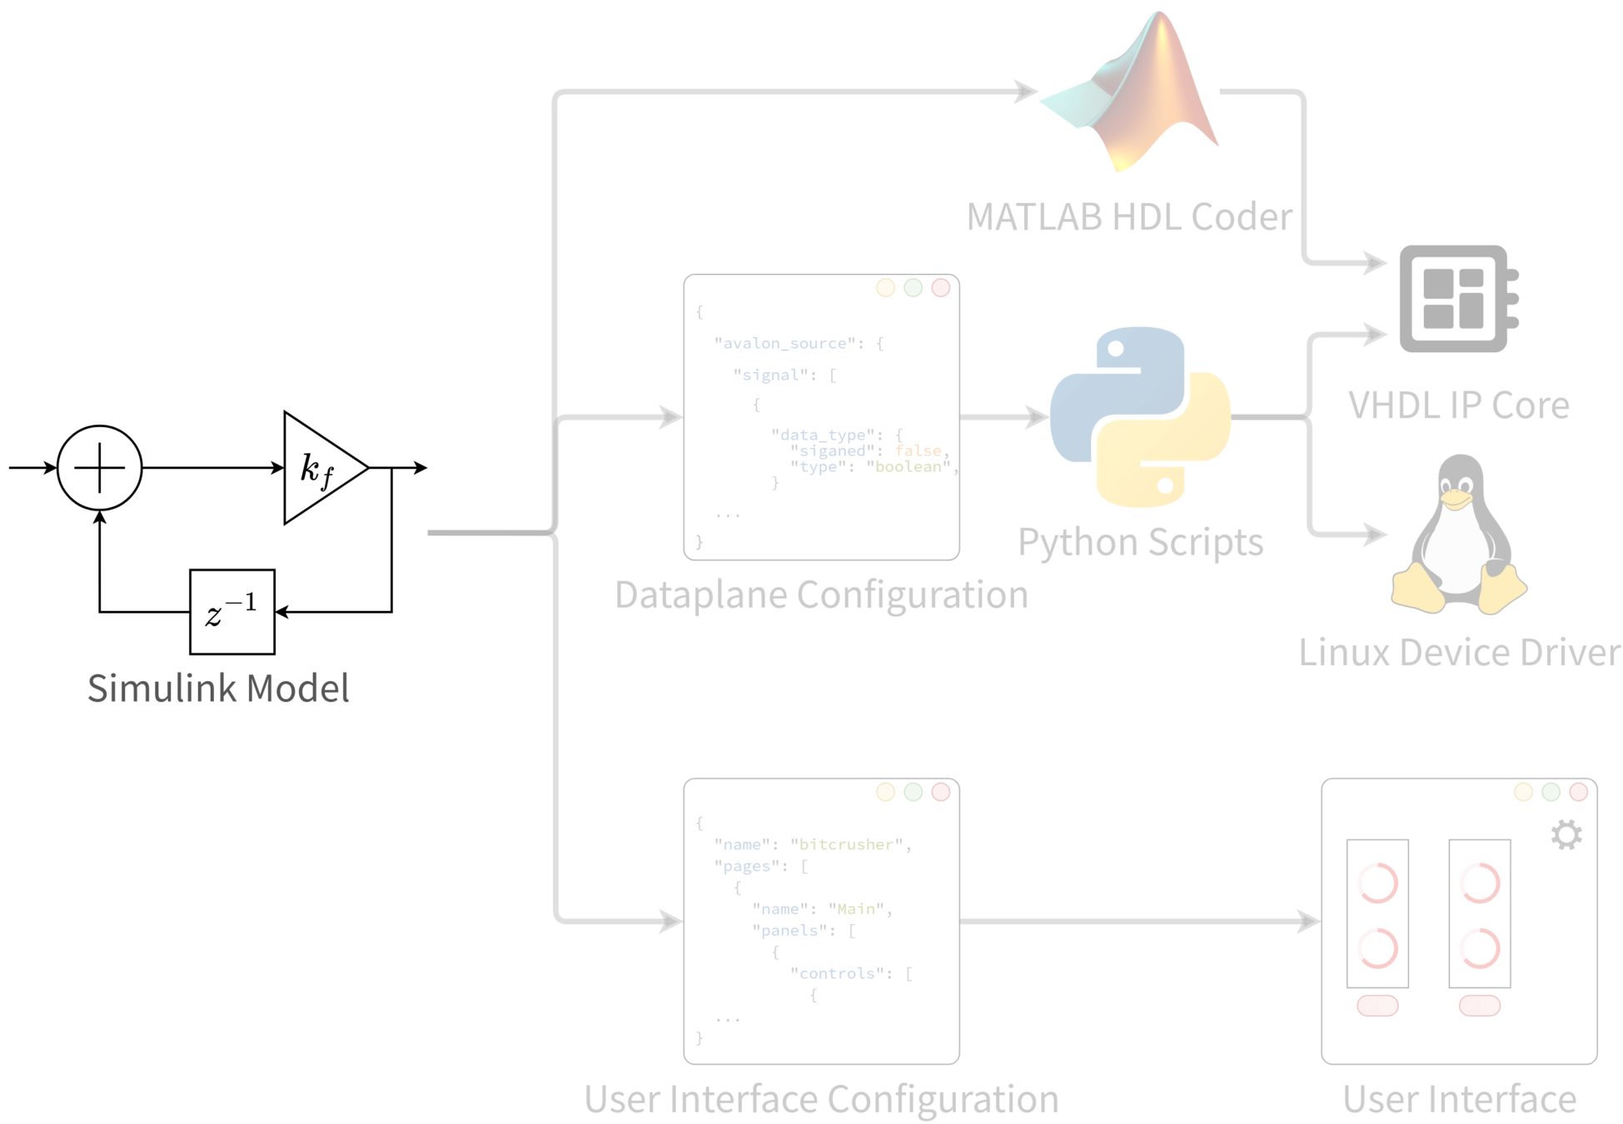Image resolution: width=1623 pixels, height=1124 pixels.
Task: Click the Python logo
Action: point(1140,416)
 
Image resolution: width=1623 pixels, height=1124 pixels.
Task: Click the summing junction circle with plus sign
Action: point(100,468)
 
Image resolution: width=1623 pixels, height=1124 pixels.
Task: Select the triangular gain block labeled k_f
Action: point(320,469)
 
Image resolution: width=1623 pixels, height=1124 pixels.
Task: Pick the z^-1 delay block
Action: point(232,612)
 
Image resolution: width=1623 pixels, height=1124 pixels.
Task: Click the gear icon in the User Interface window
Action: point(1566,834)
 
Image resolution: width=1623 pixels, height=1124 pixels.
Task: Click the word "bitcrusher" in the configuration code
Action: point(845,844)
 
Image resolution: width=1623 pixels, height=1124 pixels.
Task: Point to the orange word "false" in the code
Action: point(918,450)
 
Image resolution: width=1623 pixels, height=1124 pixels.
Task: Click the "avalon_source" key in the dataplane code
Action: point(785,343)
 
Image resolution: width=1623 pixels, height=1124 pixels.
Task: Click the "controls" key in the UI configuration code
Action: point(837,973)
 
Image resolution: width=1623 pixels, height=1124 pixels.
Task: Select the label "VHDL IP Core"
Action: point(1459,405)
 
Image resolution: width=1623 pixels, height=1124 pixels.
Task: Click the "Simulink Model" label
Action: point(218,689)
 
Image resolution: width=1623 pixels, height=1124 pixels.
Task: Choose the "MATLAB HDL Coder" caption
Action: point(1129,217)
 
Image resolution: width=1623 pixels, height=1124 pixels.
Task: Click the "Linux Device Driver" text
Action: point(1460,652)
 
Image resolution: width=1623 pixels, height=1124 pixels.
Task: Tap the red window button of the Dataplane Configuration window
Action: point(941,288)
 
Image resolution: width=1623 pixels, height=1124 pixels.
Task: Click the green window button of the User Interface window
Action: point(1551,792)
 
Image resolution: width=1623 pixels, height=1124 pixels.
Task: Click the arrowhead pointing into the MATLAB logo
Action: point(1026,92)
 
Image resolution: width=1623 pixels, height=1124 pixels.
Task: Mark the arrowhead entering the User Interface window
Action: point(1309,921)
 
